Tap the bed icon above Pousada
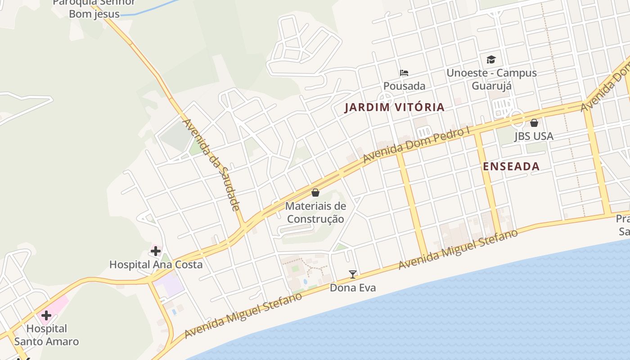(x=404, y=73)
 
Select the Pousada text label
(x=404, y=85)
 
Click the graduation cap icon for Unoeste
(x=491, y=59)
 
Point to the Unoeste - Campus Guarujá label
(x=491, y=79)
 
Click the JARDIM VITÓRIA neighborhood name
(x=395, y=108)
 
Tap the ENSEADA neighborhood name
(x=511, y=166)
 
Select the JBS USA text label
(x=534, y=136)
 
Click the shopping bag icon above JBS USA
(x=534, y=122)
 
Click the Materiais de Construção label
(x=316, y=212)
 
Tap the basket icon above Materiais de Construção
(x=316, y=193)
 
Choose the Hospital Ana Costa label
(x=156, y=265)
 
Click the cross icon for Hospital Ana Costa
(x=156, y=251)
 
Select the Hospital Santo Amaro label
(x=46, y=335)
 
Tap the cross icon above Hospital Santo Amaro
(x=46, y=315)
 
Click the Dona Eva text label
(x=353, y=288)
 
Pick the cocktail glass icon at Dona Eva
(x=353, y=274)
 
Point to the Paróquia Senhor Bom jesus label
(x=94, y=8)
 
